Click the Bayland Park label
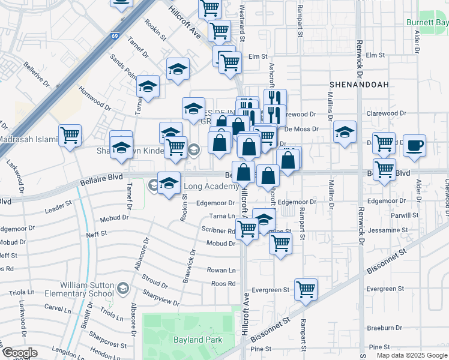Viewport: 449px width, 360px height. [199, 340]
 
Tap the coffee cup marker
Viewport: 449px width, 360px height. [414, 145]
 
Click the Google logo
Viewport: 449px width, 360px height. [20, 353]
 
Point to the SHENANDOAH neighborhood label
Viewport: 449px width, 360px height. [359, 85]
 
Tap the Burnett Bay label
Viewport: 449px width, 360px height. [427, 23]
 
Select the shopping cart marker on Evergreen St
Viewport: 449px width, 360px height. [306, 290]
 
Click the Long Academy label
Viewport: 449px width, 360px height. [211, 187]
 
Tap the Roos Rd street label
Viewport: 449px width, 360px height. [223, 284]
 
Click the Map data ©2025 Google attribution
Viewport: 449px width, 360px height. [411, 355]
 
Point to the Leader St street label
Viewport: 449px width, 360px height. [58, 207]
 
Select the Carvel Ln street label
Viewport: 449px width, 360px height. [58, 308]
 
